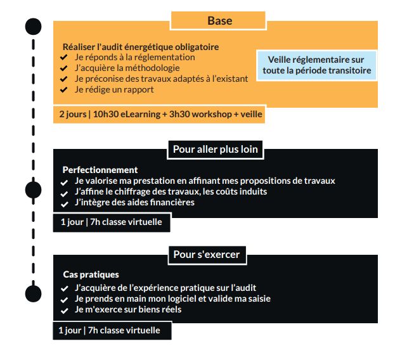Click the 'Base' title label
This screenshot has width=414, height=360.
219,20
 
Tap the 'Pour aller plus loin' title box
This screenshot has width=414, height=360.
216,150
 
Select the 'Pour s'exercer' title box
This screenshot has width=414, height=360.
207,255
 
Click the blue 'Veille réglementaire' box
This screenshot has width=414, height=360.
316,65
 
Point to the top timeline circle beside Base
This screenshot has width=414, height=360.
33,27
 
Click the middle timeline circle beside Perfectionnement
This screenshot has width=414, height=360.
33,190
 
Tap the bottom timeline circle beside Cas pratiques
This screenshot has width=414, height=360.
33,293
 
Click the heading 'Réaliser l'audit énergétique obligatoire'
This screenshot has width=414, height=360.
141,47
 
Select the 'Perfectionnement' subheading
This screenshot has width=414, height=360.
100,170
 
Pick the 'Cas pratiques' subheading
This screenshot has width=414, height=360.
91,274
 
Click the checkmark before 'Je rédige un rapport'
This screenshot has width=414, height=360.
63,90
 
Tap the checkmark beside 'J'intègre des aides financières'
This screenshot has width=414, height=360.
65,204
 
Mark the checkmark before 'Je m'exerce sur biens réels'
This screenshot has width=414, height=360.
65,311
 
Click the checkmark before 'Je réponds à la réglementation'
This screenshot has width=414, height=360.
63,57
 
